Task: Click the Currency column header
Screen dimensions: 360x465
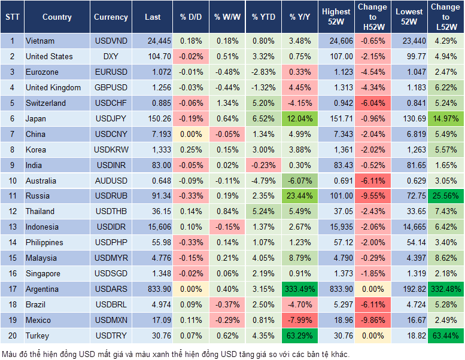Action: pyautogui.click(x=111, y=17)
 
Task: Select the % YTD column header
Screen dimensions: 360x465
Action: pyautogui.click(x=263, y=17)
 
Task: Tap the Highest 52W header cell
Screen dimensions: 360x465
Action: pyautogui.click(x=336, y=17)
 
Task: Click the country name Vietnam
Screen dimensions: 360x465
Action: pyautogui.click(x=40, y=41)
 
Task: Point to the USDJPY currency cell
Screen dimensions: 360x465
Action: pyautogui.click(x=111, y=118)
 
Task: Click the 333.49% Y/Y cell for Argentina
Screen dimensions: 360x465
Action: pyautogui.click(x=298, y=289)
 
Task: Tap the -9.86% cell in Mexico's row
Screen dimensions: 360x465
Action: pyautogui.click(x=372, y=320)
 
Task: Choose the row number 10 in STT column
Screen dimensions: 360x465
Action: pyautogui.click(x=11, y=181)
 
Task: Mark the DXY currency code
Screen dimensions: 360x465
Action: pyautogui.click(x=111, y=56)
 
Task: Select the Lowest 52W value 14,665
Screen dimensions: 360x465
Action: pyautogui.click(x=410, y=227)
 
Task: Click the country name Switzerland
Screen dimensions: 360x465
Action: pyautogui.click(x=45, y=103)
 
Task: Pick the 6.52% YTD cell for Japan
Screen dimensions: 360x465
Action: pyautogui.click(x=263, y=118)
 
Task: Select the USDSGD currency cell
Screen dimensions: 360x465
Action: pyautogui.click(x=111, y=273)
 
